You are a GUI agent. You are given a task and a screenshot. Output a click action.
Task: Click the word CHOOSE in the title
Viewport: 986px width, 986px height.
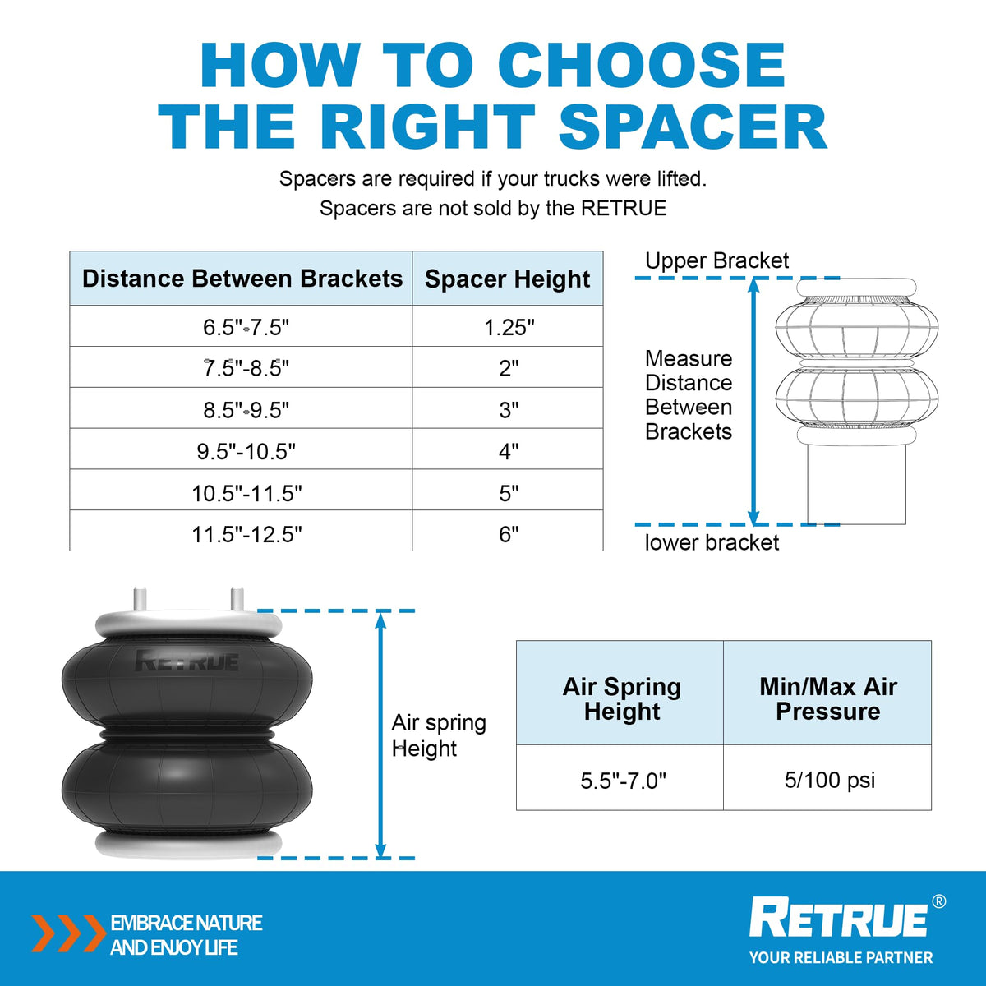point(642,65)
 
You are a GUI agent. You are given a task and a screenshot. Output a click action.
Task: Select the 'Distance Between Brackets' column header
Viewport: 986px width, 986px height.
point(242,279)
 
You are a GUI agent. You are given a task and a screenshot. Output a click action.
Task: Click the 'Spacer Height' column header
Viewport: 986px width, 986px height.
point(507,279)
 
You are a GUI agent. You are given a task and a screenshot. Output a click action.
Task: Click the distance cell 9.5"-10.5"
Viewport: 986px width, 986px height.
point(246,451)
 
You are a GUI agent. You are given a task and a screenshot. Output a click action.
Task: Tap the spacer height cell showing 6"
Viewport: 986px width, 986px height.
point(509,534)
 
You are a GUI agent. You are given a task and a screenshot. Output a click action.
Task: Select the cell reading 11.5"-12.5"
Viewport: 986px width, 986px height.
point(246,534)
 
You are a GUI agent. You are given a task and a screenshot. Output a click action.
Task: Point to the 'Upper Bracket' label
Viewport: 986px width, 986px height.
point(716,261)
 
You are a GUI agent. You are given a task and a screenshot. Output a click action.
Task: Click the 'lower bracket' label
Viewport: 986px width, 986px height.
point(712,542)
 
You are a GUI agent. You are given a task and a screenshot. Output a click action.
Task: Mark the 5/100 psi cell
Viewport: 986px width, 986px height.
point(829,781)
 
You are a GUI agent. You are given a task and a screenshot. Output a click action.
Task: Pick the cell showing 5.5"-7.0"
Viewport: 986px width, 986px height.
point(623,781)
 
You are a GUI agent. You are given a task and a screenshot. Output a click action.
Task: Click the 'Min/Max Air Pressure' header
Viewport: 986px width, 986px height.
point(828,699)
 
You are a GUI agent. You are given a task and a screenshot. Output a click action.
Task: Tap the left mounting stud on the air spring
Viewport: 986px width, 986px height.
point(140,599)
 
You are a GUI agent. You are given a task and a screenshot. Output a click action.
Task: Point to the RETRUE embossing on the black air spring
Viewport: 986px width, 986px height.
point(187,661)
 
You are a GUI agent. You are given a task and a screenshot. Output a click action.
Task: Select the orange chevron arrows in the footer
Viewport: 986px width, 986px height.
point(68,933)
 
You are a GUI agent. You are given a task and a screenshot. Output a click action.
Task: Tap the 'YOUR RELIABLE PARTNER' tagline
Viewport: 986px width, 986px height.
point(841,957)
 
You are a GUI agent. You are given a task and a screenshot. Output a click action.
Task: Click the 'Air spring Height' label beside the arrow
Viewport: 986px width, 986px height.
point(439,735)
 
